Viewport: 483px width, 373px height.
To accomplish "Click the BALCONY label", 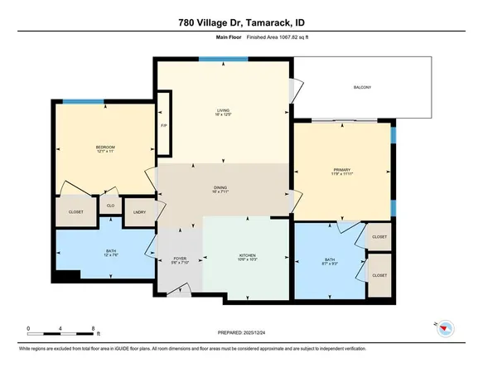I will pyautogui.click(x=360, y=88).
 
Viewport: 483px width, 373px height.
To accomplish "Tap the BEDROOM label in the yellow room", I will pyautogui.click(x=104, y=148).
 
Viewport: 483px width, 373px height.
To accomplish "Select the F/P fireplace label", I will pyautogui.click(x=164, y=125).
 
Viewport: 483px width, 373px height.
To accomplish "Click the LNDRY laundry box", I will pyautogui.click(x=135, y=211).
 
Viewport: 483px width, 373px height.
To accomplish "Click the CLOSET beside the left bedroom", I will pyautogui.click(x=75, y=211).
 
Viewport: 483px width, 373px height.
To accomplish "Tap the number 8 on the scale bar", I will pyautogui.click(x=96, y=329).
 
